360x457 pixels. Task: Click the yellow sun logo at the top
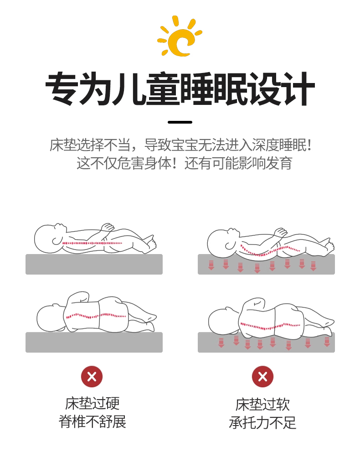coord(180,36)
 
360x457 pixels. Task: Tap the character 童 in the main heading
coord(163,88)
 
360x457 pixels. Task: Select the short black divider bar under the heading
coord(180,122)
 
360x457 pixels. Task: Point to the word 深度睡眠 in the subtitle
coord(279,145)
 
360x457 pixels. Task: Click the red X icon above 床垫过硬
coord(92,377)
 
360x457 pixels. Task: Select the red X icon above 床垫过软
coord(263,377)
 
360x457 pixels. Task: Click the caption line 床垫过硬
coord(93,403)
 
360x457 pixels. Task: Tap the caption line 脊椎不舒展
coord(93,421)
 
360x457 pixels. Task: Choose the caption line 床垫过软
coord(263,405)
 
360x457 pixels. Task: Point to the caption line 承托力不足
coord(263,423)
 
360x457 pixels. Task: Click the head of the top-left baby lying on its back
coord(49,238)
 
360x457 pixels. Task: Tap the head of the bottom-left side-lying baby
coord(51,318)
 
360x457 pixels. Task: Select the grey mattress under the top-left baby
coord(94,264)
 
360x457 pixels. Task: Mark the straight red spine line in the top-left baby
coord(92,243)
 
